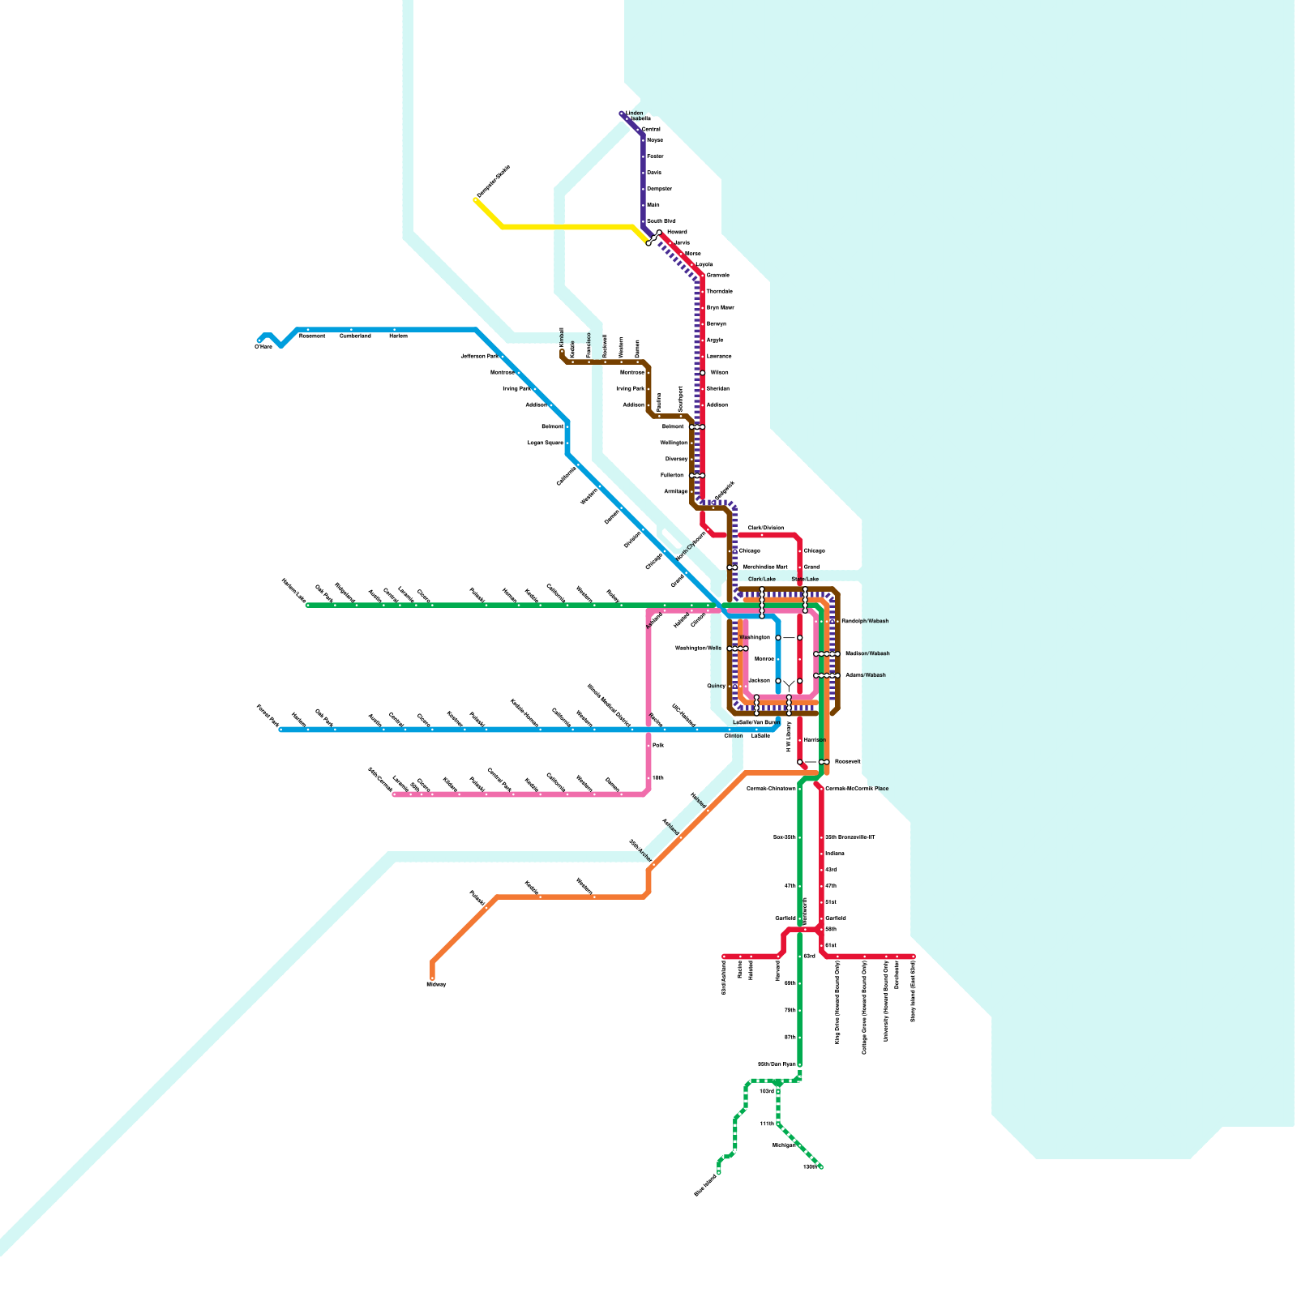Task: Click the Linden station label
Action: pos(635,113)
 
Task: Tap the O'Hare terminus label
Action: pos(263,347)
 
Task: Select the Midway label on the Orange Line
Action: pos(436,984)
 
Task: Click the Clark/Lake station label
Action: pos(762,580)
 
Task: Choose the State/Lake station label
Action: pos(805,580)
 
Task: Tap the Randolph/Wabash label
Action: pos(865,621)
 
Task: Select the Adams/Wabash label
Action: pos(866,674)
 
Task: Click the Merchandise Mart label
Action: pos(765,567)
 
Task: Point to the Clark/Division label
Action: pos(765,528)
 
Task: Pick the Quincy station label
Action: pos(716,686)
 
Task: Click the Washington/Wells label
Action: pos(698,648)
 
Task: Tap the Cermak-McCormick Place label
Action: pos(857,789)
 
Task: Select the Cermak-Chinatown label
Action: pos(771,789)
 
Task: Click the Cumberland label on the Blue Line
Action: pos(355,336)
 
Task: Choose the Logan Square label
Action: pos(546,443)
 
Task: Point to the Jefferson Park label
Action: pos(479,356)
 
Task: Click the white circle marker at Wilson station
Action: pos(703,373)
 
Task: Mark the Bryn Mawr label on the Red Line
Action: pos(720,308)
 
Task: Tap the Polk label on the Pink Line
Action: pos(658,745)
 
